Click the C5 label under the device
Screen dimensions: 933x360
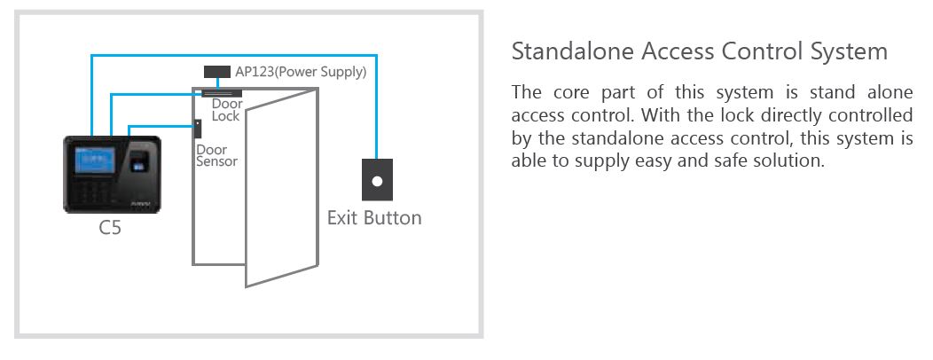click(110, 227)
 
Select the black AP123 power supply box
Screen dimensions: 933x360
click(217, 72)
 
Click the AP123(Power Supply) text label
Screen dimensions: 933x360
click(301, 72)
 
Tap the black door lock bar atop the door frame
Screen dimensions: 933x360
click(222, 93)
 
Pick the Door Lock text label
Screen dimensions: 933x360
click(227, 110)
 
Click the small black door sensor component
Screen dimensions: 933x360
click(197, 129)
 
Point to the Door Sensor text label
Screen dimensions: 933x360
click(216, 155)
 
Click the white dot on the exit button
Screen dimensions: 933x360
click(377, 181)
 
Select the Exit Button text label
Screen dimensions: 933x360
click(374, 218)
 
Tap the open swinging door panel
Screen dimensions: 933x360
click(282, 187)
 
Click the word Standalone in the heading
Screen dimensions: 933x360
click(572, 51)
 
